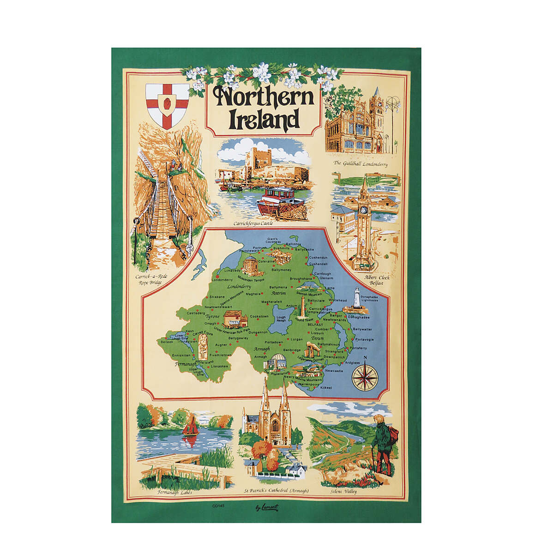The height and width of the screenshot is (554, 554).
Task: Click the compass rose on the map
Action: tap(365, 375)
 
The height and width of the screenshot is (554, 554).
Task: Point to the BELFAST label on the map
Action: tap(316, 325)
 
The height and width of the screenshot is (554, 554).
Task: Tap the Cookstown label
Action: tap(259, 316)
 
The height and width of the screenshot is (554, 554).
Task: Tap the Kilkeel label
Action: tap(325, 388)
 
